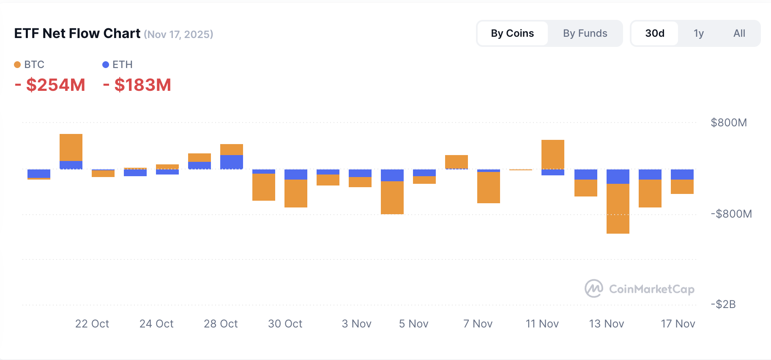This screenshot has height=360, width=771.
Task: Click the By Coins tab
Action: [512, 33]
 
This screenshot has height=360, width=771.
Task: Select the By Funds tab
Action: [585, 33]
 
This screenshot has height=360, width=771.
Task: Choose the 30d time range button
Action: [655, 33]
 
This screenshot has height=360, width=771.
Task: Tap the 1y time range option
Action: [699, 33]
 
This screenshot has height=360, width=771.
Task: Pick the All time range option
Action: [739, 33]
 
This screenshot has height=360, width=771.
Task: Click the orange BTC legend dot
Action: [17, 65]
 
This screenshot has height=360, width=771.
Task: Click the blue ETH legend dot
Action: [106, 65]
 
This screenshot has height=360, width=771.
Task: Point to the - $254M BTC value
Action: [50, 85]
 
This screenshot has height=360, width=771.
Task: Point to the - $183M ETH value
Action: [137, 85]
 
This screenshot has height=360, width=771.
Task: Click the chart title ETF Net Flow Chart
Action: [77, 33]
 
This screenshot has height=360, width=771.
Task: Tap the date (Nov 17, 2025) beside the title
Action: [178, 35]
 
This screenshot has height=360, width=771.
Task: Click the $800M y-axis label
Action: [729, 123]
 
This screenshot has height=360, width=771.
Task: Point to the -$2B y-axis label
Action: [723, 304]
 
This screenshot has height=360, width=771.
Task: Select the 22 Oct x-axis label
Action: [92, 324]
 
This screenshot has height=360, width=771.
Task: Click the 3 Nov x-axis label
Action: [356, 324]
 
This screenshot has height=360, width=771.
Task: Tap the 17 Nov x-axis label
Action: [678, 324]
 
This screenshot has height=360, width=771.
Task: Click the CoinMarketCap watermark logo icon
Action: [594, 289]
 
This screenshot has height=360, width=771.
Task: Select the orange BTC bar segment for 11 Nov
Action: [553, 154]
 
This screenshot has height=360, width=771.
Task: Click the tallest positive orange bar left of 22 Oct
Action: [71, 147]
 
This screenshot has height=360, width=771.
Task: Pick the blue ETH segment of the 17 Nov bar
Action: [682, 175]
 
